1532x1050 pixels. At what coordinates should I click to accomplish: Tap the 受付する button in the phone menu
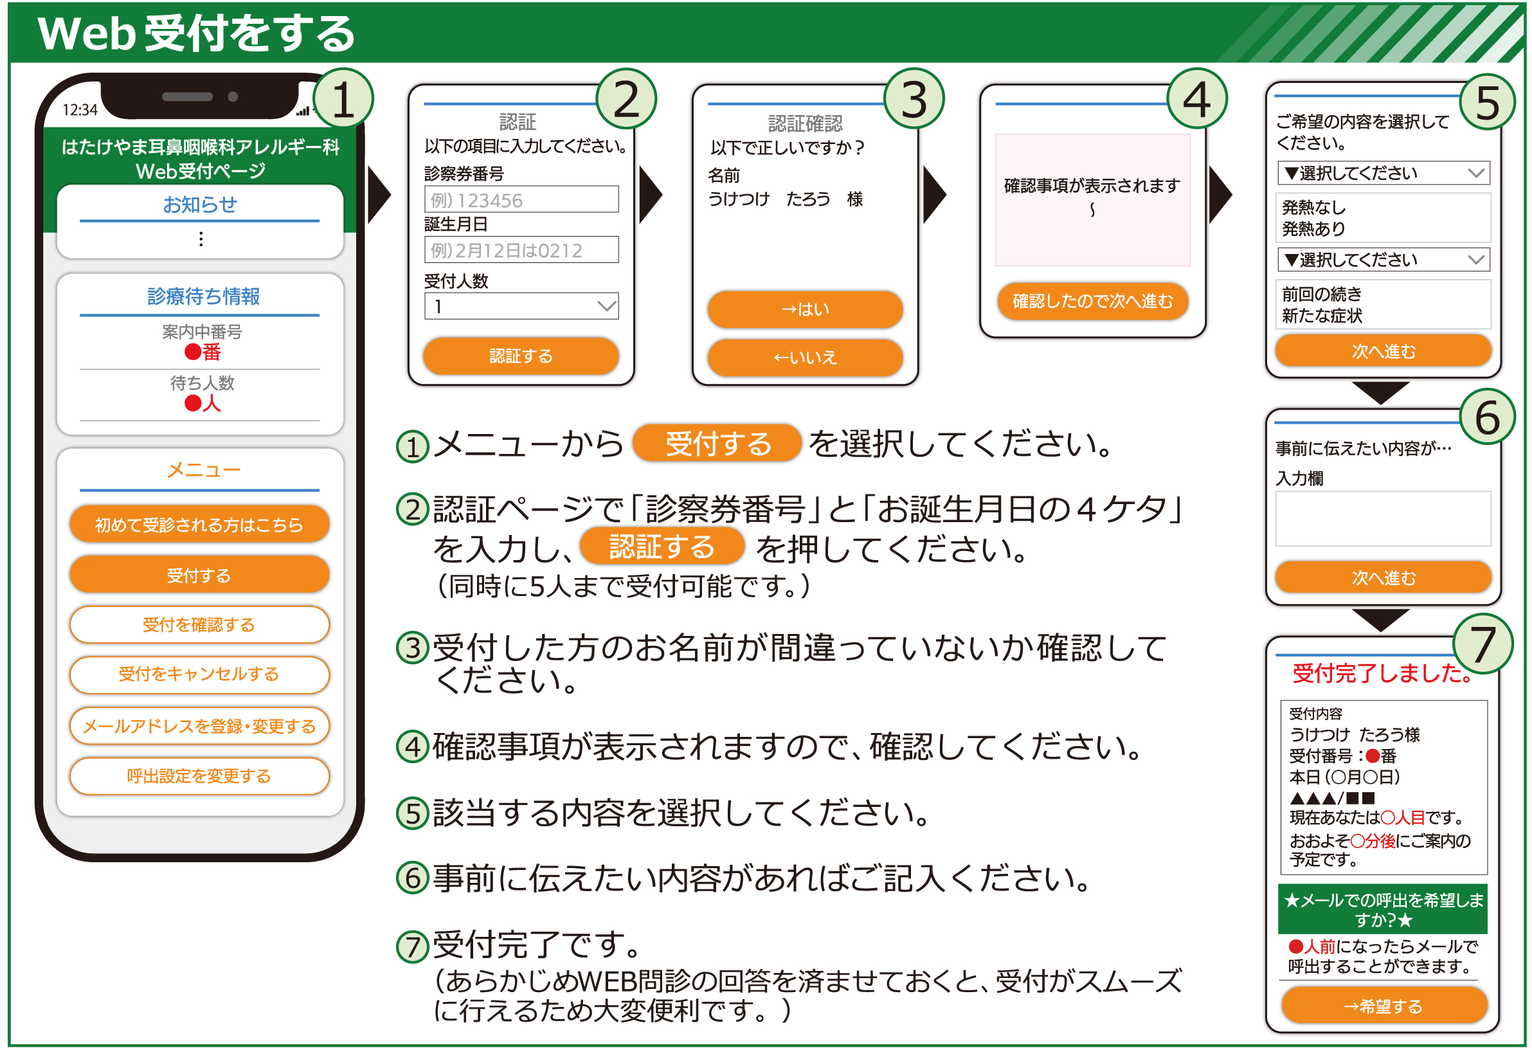click(x=199, y=575)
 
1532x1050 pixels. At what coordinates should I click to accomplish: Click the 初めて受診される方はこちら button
click(x=199, y=525)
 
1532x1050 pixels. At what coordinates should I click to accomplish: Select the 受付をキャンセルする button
click(x=199, y=674)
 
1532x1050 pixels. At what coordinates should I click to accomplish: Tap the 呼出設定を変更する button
click(x=199, y=777)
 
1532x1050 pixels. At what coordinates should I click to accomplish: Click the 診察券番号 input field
click(x=521, y=200)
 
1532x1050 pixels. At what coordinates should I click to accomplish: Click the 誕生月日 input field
click(x=521, y=251)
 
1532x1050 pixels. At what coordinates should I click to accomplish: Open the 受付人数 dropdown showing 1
click(x=521, y=307)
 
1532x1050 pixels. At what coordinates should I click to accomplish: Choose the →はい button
click(x=804, y=309)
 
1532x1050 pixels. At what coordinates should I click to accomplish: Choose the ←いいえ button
click(x=804, y=358)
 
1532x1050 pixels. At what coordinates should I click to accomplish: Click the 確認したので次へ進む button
click(x=1092, y=301)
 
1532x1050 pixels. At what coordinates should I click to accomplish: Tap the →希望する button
click(x=1383, y=1006)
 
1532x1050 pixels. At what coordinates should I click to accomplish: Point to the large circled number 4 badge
click(x=1196, y=100)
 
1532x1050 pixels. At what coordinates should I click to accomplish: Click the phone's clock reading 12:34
click(x=80, y=109)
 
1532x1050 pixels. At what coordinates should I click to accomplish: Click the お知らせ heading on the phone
click(x=200, y=205)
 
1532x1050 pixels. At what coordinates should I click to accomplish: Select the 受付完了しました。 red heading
click(x=1382, y=674)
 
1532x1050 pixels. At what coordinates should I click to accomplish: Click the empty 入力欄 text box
click(x=1383, y=519)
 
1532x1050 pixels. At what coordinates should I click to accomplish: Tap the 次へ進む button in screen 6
click(x=1383, y=577)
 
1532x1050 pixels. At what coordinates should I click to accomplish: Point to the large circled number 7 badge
click(x=1482, y=644)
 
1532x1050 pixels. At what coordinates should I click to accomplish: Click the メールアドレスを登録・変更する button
click(x=199, y=727)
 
